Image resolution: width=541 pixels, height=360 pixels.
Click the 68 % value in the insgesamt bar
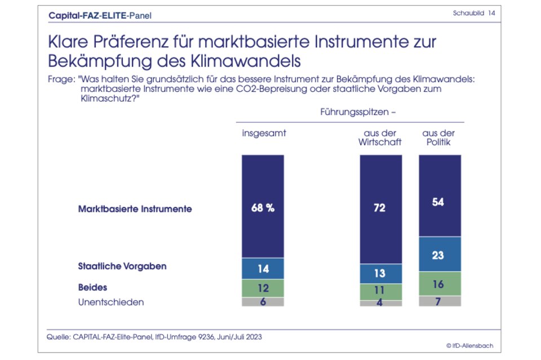pyautogui.click(x=263, y=208)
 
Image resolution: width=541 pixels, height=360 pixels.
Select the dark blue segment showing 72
pyautogui.click(x=381, y=208)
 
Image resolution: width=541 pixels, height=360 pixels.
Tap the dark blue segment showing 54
pyautogui.click(x=440, y=202)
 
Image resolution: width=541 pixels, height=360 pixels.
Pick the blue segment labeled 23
pyautogui.click(x=440, y=254)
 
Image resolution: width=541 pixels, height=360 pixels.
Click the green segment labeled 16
pyautogui.click(x=440, y=284)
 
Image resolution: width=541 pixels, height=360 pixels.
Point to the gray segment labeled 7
pyautogui.click(x=440, y=301)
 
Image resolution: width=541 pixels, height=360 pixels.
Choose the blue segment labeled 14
pyautogui.click(x=263, y=269)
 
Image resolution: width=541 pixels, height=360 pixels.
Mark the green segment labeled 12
pyautogui.click(x=263, y=288)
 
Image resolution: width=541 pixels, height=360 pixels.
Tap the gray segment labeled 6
pyautogui.click(x=263, y=301)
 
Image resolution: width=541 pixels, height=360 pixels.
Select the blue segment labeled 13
pyautogui.click(x=381, y=273)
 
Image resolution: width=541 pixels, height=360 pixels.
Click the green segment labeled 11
pyautogui.click(x=381, y=292)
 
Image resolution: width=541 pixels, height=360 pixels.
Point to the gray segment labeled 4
pyautogui.click(x=381, y=303)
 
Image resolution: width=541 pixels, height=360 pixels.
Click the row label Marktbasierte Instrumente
pyautogui.click(x=135, y=208)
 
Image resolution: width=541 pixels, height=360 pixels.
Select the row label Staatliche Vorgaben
pyautogui.click(x=122, y=266)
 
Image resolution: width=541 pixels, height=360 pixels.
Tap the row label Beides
pyautogui.click(x=92, y=287)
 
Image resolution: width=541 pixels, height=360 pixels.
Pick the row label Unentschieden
pyautogui.click(x=111, y=302)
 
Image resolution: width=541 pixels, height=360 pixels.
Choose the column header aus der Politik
pyautogui.click(x=439, y=137)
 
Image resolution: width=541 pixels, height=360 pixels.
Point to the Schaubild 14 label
pyautogui.click(x=474, y=12)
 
